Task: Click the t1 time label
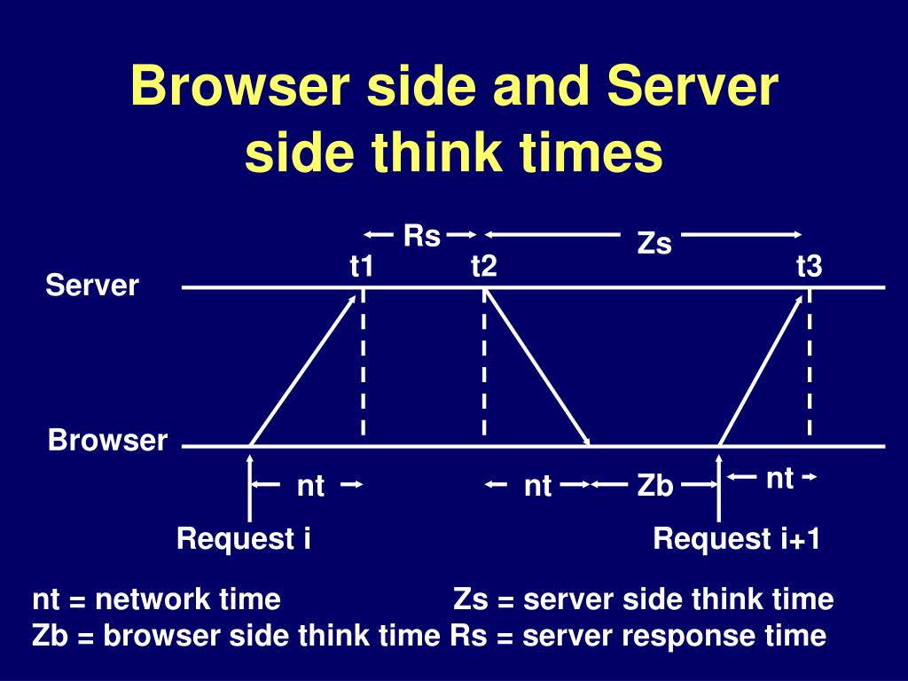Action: pyautogui.click(x=361, y=266)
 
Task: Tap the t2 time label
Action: pyautogui.click(x=483, y=266)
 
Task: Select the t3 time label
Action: pyautogui.click(x=809, y=266)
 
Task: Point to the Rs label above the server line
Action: pyautogui.click(x=422, y=236)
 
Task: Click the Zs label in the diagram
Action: pyautogui.click(x=654, y=244)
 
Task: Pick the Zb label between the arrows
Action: pyautogui.click(x=655, y=486)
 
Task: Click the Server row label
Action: pyautogui.click(x=92, y=286)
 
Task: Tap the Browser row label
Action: pyautogui.click(x=107, y=441)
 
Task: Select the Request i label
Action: pyautogui.click(x=243, y=538)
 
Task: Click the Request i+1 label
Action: pyautogui.click(x=736, y=538)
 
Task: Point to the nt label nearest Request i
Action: pyautogui.click(x=310, y=486)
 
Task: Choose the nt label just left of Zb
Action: pyautogui.click(x=538, y=486)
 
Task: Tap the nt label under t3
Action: pyautogui.click(x=779, y=479)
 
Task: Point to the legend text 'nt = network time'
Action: pyautogui.click(x=157, y=599)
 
